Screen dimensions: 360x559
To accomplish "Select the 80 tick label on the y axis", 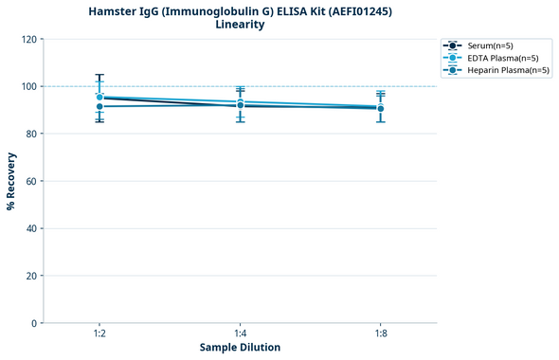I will tap(31, 134).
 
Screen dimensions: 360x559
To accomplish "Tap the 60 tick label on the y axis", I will tap(31, 181).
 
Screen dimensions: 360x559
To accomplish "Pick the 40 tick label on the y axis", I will tap(31, 228).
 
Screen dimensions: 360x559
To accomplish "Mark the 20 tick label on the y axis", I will tap(31, 276).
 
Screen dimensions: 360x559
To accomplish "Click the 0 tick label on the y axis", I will tap(34, 323).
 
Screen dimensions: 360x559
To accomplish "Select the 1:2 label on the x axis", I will tap(99, 334).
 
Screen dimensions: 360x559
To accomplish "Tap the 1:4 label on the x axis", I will tap(240, 334).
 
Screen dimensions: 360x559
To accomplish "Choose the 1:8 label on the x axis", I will tap(380, 334).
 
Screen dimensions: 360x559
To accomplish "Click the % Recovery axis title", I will tap(11, 181).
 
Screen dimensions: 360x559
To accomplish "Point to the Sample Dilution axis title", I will tap(240, 348).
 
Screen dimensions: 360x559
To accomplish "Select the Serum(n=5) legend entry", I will tap(490, 45).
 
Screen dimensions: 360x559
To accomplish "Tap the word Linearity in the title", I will tap(240, 25).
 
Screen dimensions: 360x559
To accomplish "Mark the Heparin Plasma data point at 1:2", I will tap(99, 106).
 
